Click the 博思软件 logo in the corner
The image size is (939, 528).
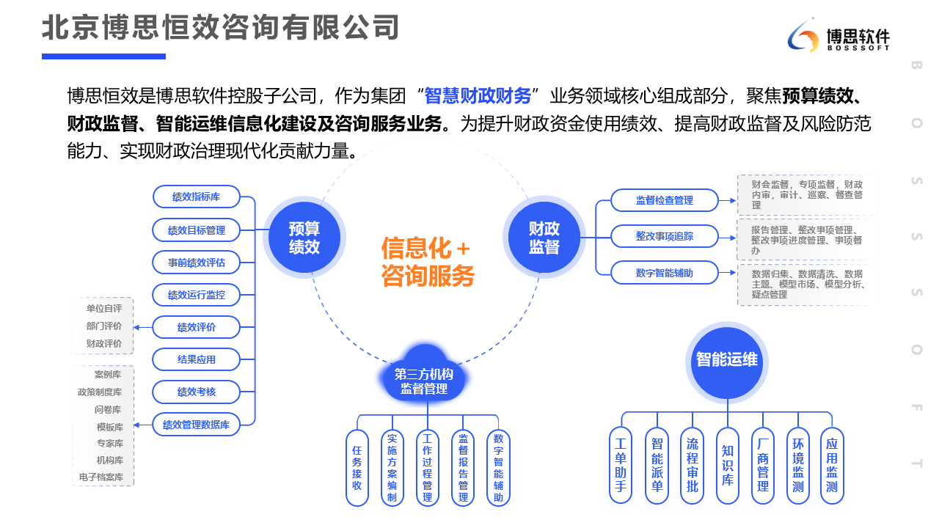point(838,37)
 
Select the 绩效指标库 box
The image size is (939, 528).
point(196,197)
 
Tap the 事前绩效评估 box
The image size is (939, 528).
point(196,262)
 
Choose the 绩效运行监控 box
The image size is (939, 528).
point(196,295)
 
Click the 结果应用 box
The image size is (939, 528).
point(196,359)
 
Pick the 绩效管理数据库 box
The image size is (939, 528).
point(196,424)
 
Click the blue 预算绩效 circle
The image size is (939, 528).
point(304,238)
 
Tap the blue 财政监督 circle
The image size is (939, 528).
point(544,238)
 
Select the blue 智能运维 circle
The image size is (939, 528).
point(726,360)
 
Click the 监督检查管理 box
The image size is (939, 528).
point(664,199)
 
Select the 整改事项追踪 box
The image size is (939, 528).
point(664,236)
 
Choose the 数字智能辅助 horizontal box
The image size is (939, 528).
point(664,273)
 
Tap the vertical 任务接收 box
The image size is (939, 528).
point(357,467)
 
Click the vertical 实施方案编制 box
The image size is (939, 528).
point(392,467)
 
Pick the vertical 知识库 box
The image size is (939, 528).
point(727,465)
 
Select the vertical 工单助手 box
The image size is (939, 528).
point(621,465)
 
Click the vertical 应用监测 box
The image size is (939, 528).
point(832,465)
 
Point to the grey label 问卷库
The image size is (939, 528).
point(108,410)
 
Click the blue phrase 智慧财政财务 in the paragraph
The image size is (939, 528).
point(478,96)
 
